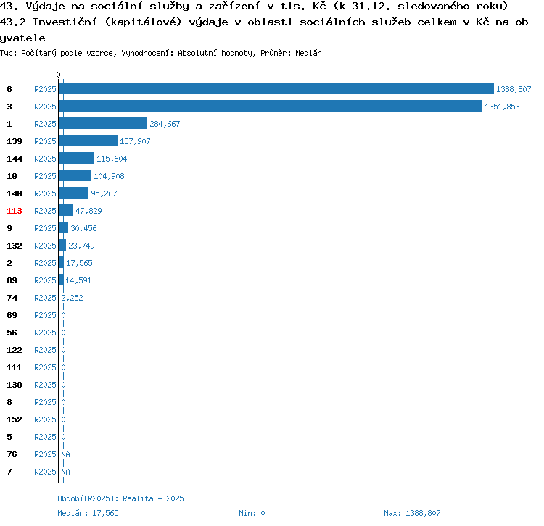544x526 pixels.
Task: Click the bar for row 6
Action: (276, 88)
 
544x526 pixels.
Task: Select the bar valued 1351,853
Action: (271, 106)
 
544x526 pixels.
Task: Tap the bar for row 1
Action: (103, 123)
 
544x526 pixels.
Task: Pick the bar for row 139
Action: (88, 141)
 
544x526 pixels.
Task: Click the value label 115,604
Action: (112, 159)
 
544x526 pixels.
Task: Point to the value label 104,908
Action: (109, 176)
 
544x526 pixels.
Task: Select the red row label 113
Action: (15, 211)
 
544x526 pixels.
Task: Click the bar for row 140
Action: (74, 193)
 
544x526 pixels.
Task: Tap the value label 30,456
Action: (83, 228)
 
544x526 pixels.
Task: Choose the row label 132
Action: (15, 246)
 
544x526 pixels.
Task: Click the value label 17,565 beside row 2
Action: (79, 263)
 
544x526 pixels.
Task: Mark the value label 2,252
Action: (72, 298)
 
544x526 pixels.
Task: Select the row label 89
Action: (12, 280)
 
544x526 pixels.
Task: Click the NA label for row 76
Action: (65, 454)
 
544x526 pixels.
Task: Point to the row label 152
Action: (15, 419)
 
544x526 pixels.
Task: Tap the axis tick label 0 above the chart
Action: (58, 75)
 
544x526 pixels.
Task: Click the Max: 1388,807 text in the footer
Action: (412, 513)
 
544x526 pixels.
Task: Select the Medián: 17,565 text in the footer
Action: (88, 513)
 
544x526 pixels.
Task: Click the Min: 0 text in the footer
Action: (252, 513)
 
